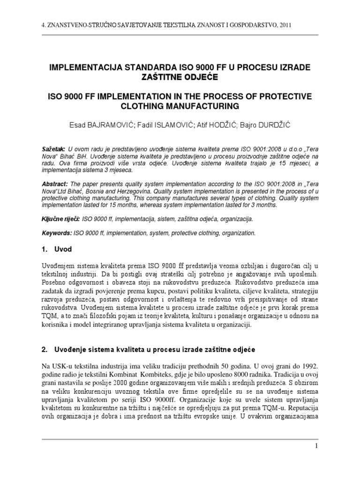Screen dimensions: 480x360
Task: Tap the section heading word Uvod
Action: [x=64, y=249]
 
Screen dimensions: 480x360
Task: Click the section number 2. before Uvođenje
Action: [x=45, y=349]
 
